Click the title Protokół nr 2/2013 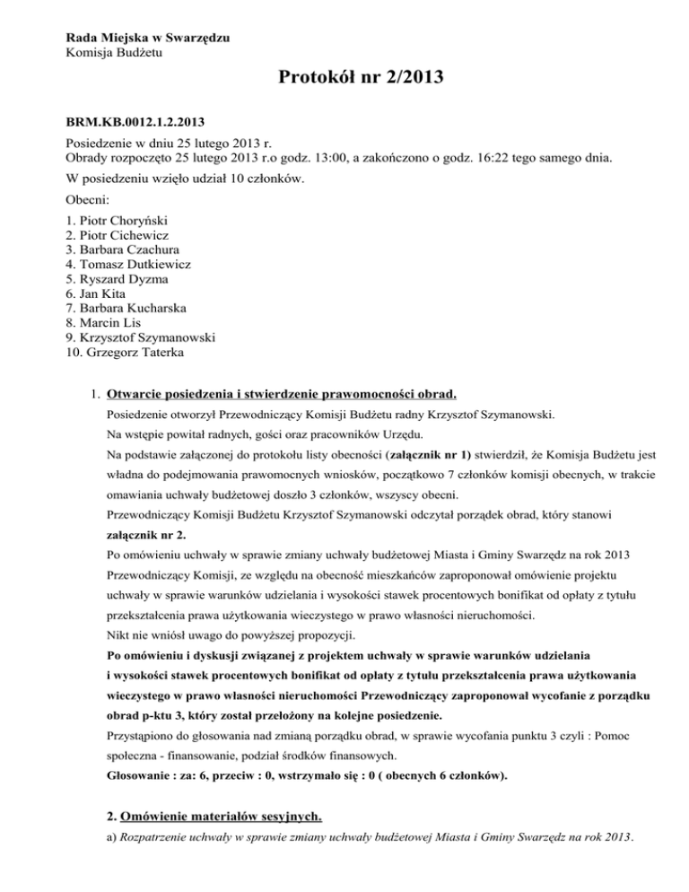tap(345, 84)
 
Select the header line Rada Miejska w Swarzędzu tap(147, 37)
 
